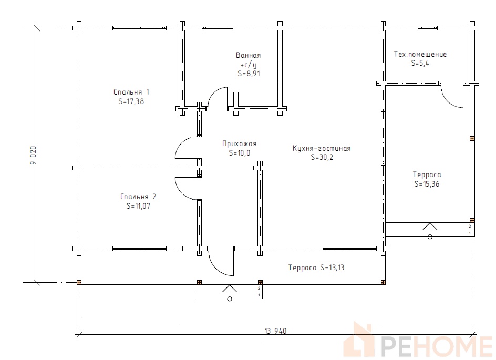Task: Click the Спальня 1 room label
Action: click(131, 92)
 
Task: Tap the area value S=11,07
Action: click(138, 206)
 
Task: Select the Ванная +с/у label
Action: click(249, 60)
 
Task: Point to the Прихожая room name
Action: click(239, 144)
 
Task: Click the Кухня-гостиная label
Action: click(322, 148)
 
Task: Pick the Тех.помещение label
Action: click(420, 54)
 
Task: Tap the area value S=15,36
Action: click(427, 184)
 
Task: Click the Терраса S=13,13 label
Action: click(316, 268)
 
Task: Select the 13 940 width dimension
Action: click(275, 331)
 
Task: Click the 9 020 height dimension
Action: click(33, 155)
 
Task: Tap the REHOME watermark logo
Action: click(418, 341)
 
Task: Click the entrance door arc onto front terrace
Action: click(216, 269)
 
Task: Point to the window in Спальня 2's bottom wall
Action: click(140, 249)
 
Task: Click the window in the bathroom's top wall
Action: click(218, 28)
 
